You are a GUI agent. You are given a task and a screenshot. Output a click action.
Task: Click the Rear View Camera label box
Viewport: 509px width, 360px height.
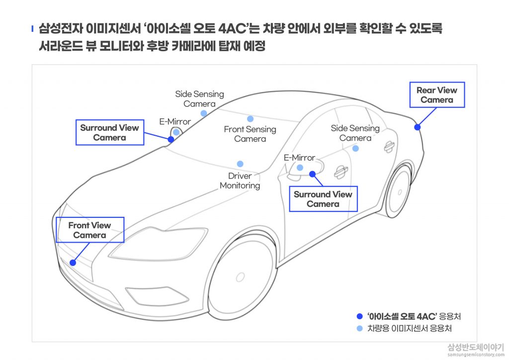[x=437, y=95]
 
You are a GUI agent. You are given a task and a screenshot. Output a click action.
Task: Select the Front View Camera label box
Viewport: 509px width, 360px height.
[x=90, y=230]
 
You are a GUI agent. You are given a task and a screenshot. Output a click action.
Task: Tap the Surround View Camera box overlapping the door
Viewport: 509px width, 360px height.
[x=323, y=199]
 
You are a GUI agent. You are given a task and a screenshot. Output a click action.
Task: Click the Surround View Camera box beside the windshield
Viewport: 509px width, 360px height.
[x=110, y=132]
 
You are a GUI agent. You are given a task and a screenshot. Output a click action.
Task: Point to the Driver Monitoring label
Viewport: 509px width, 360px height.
[x=240, y=181]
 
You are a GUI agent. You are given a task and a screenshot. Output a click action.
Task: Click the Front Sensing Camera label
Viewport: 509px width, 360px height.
[x=250, y=134]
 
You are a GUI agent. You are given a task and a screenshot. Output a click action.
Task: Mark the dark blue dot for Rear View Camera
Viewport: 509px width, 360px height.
[x=418, y=127]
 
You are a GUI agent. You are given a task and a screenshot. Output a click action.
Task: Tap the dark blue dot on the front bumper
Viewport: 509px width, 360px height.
[x=73, y=263]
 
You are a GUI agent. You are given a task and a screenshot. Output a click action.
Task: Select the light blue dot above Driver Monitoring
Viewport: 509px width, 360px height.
[x=240, y=164]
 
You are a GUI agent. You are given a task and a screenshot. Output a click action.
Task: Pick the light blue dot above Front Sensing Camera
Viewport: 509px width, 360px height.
[x=250, y=119]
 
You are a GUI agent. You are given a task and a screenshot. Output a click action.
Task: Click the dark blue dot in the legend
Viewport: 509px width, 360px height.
[x=359, y=316]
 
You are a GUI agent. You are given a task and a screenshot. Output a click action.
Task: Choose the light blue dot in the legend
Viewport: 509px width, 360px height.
[x=359, y=329]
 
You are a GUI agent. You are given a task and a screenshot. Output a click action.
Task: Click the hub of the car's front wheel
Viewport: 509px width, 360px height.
[x=240, y=277]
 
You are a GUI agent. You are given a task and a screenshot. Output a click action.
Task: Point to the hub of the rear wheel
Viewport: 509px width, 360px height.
[x=400, y=192]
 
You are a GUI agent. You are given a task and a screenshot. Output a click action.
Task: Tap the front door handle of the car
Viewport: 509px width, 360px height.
[x=341, y=172]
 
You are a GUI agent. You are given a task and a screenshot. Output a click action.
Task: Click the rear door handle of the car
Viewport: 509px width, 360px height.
[x=389, y=147]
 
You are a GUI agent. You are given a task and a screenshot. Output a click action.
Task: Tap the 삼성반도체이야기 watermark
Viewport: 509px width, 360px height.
[x=476, y=348]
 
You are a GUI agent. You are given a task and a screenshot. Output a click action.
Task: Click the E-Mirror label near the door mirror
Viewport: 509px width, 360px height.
[x=299, y=158]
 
